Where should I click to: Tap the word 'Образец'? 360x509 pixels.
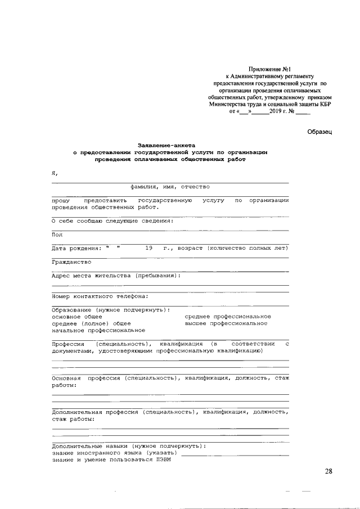320,132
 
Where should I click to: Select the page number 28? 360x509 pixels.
328,471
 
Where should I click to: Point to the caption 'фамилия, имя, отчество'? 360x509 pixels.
170,187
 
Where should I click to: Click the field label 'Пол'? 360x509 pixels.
57,235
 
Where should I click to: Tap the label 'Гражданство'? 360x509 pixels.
71,262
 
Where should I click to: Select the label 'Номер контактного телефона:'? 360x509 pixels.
100,296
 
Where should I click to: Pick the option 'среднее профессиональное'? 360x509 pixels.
228,317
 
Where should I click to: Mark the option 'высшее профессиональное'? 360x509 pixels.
226,323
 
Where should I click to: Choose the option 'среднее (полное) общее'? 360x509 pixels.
91,323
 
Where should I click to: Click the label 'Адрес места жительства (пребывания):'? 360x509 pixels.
116,276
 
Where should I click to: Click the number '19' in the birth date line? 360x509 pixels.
148,248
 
